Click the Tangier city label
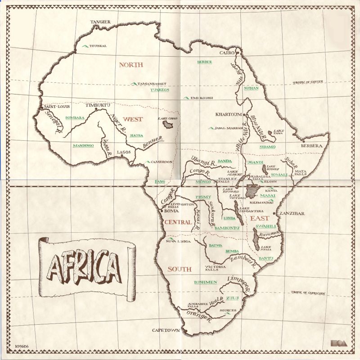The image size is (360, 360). click(100, 22)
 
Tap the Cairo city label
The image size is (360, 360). click(227, 53)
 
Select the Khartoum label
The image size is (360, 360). click(229, 114)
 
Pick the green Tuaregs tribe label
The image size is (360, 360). click(160, 90)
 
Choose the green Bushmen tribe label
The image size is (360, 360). click(205, 283)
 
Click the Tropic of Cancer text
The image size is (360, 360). click(310, 83)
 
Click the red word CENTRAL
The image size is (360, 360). click(178, 222)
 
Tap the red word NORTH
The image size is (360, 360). click(130, 65)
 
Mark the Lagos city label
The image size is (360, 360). click(124, 153)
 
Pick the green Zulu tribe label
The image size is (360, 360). click(232, 298)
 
